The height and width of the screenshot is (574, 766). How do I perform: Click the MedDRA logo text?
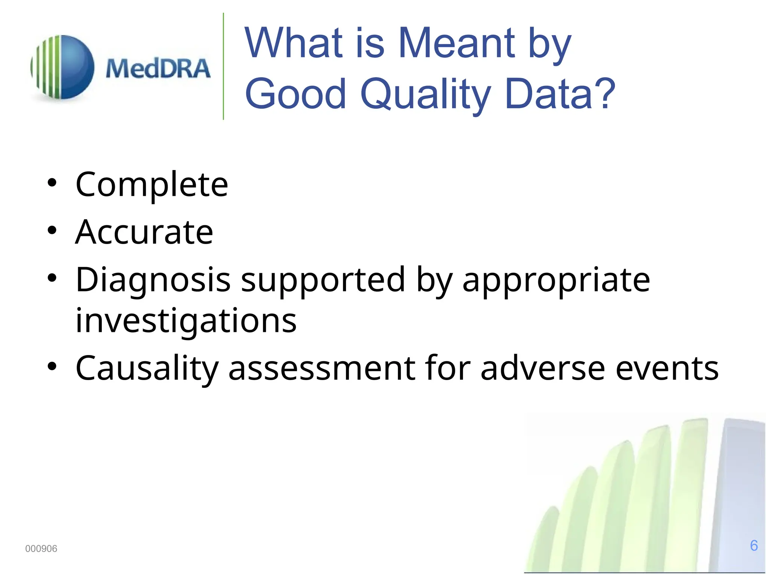point(158,69)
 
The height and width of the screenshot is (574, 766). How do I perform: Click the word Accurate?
point(144,232)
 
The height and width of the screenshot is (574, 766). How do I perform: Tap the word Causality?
point(147,368)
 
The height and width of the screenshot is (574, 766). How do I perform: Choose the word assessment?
point(322,368)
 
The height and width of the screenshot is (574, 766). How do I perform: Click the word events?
point(667,368)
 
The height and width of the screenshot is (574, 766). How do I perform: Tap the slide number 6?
point(754,546)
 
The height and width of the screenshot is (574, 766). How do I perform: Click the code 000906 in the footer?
point(41,549)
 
